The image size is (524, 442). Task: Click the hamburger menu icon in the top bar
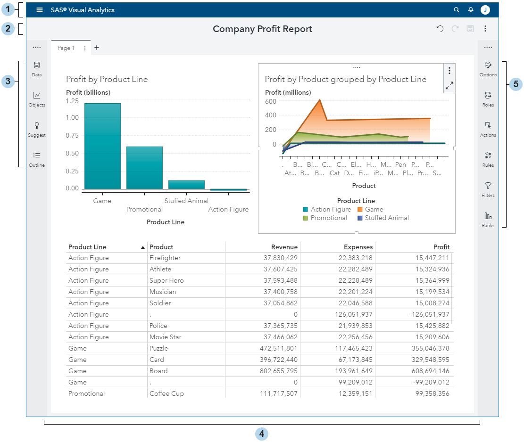click(40, 10)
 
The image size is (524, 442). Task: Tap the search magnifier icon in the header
click(456, 10)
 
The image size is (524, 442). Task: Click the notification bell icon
click(470, 10)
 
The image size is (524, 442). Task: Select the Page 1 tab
click(66, 48)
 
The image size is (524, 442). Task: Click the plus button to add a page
click(97, 48)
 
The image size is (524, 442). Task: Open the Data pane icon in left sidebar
click(37, 69)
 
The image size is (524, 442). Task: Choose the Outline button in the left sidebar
click(37, 159)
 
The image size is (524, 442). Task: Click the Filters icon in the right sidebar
click(488, 189)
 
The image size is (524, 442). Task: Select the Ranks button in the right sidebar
click(488, 219)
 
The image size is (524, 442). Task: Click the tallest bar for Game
click(102, 146)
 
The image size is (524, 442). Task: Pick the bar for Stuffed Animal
click(186, 185)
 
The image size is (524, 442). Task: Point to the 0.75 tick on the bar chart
click(73, 135)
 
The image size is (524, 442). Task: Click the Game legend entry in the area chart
click(370, 209)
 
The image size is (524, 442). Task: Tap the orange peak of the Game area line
click(320, 100)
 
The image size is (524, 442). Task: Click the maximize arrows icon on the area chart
click(449, 86)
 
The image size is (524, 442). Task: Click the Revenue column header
click(284, 247)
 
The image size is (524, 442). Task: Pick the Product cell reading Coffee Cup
click(166, 393)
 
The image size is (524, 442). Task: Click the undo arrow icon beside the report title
click(440, 29)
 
